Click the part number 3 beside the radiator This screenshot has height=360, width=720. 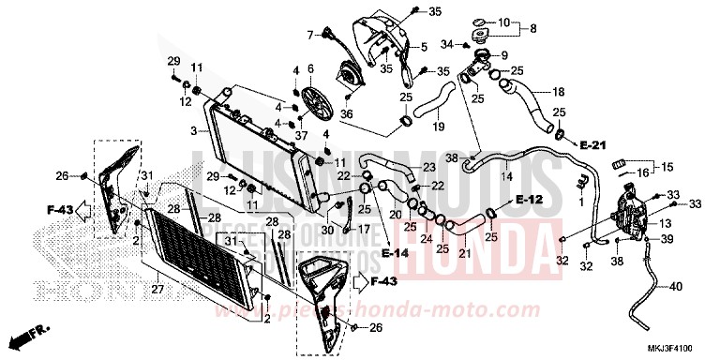click(193, 131)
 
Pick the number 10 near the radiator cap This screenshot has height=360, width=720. click(502, 22)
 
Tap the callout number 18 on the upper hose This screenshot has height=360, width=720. click(558, 93)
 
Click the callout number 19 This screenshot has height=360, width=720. click(438, 127)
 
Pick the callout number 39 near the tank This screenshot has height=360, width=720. click(667, 241)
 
